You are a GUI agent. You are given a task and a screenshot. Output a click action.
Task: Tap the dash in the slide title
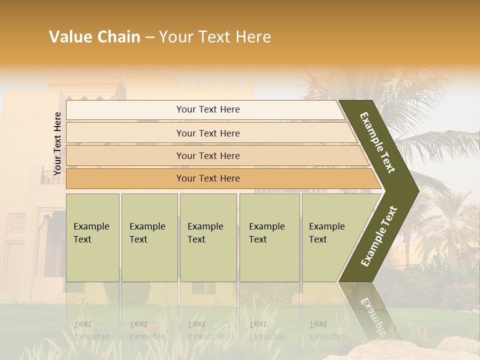pyautogui.click(x=149, y=37)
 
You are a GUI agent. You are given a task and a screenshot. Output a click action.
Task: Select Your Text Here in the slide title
pyautogui.click(x=215, y=37)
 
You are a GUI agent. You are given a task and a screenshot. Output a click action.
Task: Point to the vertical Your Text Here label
pyautogui.click(x=57, y=143)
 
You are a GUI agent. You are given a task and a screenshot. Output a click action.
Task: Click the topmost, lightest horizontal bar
pyautogui.click(x=205, y=109)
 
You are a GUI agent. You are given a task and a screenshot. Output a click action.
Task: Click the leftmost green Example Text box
pyautogui.click(x=92, y=237)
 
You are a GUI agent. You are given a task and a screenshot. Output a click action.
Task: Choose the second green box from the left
pyautogui.click(x=149, y=237)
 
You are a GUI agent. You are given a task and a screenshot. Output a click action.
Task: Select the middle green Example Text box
pyautogui.click(x=208, y=237)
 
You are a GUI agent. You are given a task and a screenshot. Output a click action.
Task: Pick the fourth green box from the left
pyautogui.click(x=269, y=237)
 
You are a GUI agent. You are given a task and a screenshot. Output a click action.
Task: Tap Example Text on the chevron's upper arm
pyautogui.click(x=377, y=143)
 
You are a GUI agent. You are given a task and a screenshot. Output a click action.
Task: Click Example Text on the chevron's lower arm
pyautogui.click(x=379, y=236)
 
